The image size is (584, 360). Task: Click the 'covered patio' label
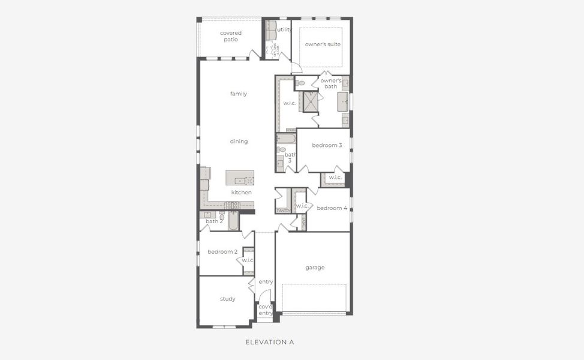(x=231, y=36)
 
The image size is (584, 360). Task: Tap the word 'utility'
(x=284, y=29)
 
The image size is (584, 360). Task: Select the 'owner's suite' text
(x=323, y=44)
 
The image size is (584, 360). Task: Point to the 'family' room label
(x=238, y=94)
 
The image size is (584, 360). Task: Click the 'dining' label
(x=239, y=142)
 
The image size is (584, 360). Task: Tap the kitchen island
(x=240, y=178)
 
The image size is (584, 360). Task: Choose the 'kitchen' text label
(x=242, y=192)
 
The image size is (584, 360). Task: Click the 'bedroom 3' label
(x=327, y=146)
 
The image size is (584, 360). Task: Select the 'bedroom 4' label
(x=332, y=208)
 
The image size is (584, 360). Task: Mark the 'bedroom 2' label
(x=222, y=251)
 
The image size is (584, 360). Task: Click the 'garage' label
(x=314, y=268)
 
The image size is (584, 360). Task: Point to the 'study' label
(x=227, y=299)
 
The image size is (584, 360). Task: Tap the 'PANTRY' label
(x=283, y=211)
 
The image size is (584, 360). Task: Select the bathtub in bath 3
(x=286, y=139)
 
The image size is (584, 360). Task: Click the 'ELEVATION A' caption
(x=270, y=342)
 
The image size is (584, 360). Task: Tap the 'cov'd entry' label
(x=265, y=310)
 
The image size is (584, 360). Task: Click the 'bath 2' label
(x=214, y=221)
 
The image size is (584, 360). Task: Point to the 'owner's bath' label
(x=331, y=83)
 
